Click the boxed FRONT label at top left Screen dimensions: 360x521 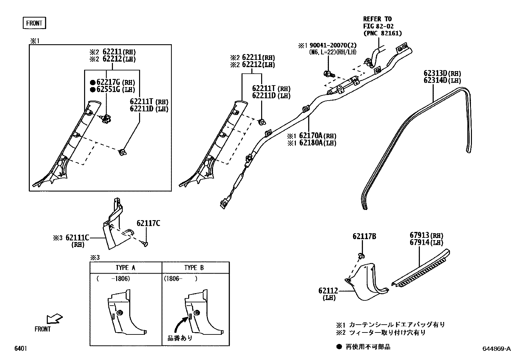click(34, 23)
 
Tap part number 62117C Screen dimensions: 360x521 click(148, 223)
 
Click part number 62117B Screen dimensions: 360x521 click(364, 237)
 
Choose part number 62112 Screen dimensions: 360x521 click(328, 291)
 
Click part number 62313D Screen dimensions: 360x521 click(435, 73)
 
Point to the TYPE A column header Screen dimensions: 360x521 click(125, 268)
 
